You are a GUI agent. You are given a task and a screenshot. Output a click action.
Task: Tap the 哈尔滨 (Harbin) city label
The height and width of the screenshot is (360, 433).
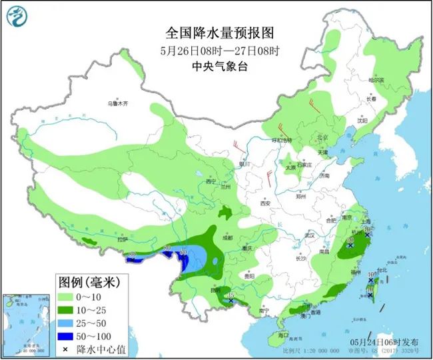[x=377, y=79]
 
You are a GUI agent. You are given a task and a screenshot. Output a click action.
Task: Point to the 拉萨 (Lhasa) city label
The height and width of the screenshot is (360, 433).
[x=121, y=239]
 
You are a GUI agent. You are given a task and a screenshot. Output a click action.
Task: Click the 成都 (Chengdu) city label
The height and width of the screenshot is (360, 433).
[x=228, y=237]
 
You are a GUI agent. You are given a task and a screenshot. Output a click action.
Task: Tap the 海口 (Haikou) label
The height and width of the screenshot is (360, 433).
[x=283, y=334]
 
